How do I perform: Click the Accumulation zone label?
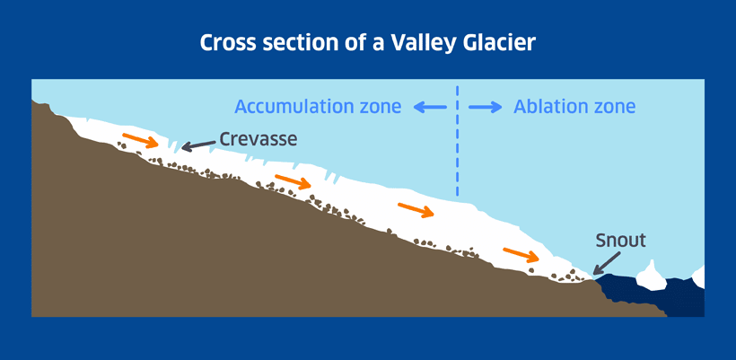pyautogui.click(x=318, y=107)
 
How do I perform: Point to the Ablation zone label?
pyautogui.click(x=574, y=107)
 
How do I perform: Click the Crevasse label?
pyautogui.click(x=258, y=138)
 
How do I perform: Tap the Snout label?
pyautogui.click(x=620, y=241)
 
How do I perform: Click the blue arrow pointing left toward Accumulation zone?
pyautogui.click(x=430, y=108)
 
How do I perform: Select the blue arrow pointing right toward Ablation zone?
pyautogui.click(x=485, y=108)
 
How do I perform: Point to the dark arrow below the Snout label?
pyautogui.click(x=607, y=263)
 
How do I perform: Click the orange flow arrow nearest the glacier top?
pyautogui.click(x=140, y=140)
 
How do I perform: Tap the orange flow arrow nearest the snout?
pyautogui.click(x=521, y=254)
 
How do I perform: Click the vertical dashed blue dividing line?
pyautogui.click(x=457, y=141)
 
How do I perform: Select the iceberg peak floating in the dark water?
pyautogui.click(x=651, y=276)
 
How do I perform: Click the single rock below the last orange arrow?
pyautogui.click(x=530, y=270)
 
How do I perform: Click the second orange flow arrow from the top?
pyautogui.click(x=293, y=181)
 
